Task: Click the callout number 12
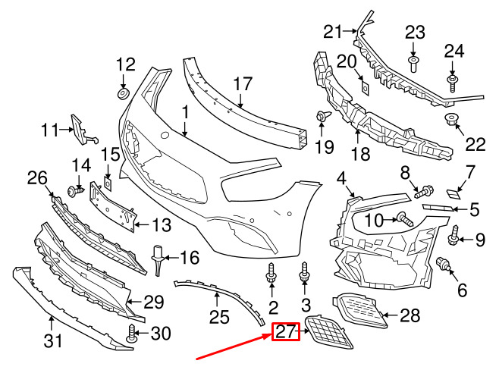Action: coord(126,64)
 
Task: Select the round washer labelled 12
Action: coord(123,93)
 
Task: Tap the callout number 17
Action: coord(243,83)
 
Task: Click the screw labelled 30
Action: coord(131,334)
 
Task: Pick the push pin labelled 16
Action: coord(158,260)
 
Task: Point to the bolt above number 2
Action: coord(271,272)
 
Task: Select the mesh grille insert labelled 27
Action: coord(328,332)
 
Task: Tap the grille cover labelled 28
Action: coord(359,310)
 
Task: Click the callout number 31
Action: coord(53,342)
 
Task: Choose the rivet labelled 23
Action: coord(413,64)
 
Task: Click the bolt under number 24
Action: coord(453,83)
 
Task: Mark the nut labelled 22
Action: coord(449,119)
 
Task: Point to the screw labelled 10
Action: coord(405,219)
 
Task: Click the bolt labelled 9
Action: coord(453,236)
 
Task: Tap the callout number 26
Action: coord(37,178)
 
